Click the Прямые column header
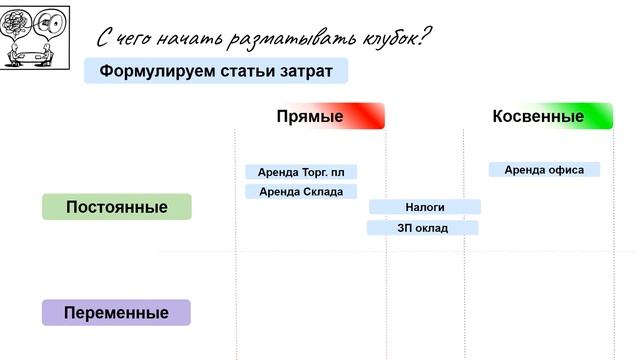310,117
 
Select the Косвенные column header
538,117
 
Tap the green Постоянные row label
116,207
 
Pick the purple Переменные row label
116,313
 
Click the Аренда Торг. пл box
301,172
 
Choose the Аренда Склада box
301,191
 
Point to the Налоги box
425,207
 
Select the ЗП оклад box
423,228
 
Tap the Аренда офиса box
544,170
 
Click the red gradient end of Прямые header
371,117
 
